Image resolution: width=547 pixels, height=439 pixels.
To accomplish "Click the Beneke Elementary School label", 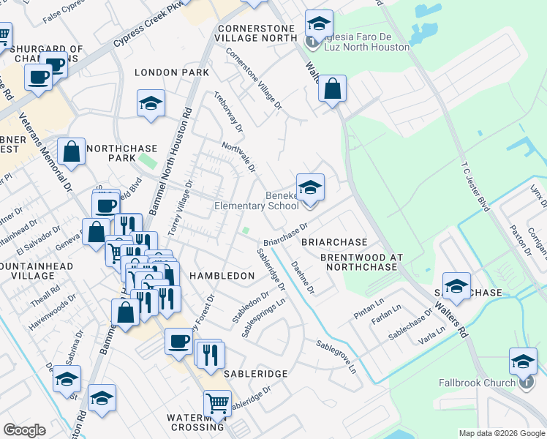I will [x=256, y=200].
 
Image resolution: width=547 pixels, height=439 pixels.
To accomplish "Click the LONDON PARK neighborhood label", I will [x=172, y=72].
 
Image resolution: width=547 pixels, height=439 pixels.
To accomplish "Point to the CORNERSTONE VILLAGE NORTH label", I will [x=255, y=33].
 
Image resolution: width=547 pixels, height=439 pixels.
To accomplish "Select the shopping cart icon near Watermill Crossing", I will [x=217, y=403].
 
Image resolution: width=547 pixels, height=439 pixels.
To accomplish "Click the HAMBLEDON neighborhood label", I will [x=222, y=276].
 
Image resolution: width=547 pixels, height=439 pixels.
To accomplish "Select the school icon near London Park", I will [x=151, y=104].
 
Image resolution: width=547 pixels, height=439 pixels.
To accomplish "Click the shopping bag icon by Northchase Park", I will [x=72, y=154].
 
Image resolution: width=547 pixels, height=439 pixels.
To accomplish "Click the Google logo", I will [x=24, y=430].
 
